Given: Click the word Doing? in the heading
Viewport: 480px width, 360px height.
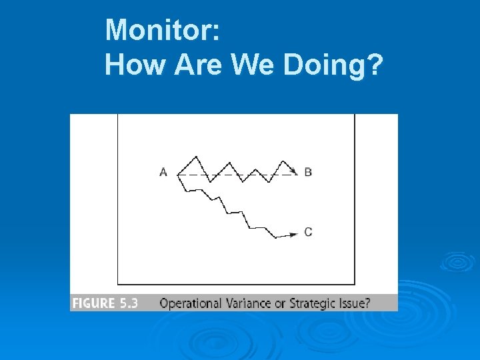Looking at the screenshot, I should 333,66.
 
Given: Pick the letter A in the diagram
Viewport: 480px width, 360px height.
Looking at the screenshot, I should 163,172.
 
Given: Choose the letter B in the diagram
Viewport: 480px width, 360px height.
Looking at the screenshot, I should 308,172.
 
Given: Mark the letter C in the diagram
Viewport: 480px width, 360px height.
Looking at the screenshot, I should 308,232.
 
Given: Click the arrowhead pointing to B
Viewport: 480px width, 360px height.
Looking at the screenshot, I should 293,171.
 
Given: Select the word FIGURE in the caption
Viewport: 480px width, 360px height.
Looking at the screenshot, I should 94,303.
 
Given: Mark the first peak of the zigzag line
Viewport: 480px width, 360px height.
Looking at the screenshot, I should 195,157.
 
